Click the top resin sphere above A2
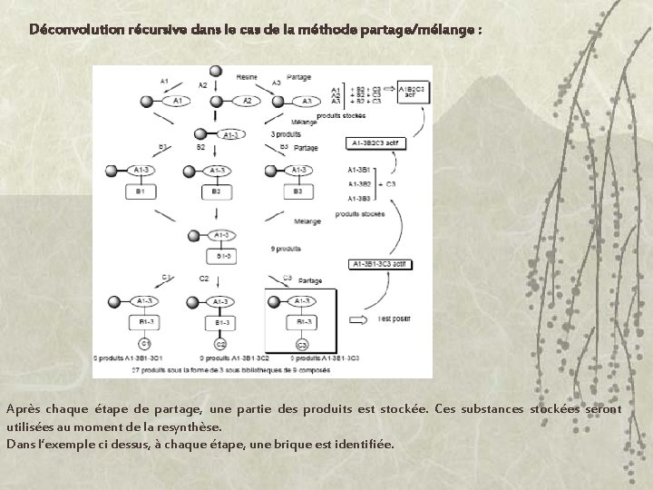(215, 71)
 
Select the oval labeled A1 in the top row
(180, 101)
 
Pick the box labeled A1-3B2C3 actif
(375, 143)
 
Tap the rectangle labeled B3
(297, 191)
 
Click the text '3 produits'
(286, 134)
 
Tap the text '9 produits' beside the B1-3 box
(286, 247)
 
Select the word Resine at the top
(246, 76)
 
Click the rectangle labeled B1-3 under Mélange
(220, 257)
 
